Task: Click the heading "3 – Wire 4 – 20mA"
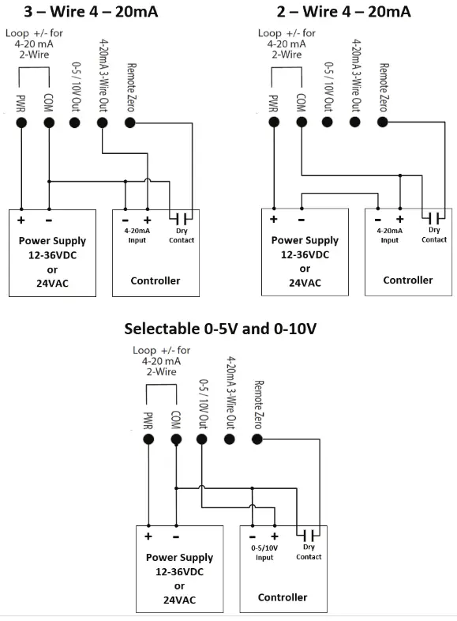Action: pos(92,11)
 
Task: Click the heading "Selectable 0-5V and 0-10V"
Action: pos(225,328)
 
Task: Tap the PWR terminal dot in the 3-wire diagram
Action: pos(21,122)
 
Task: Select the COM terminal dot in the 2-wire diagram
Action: pos(301,122)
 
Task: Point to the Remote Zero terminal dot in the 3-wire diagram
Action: pos(130,122)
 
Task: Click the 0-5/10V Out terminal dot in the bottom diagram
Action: pos(201,439)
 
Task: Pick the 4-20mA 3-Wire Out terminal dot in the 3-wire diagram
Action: pos(102,122)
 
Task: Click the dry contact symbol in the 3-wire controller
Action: pos(182,219)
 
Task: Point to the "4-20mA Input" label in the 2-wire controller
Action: pos(390,235)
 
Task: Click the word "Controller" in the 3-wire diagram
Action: pos(155,280)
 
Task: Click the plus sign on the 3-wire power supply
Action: pos(21,220)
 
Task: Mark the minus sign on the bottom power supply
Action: pos(176,536)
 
